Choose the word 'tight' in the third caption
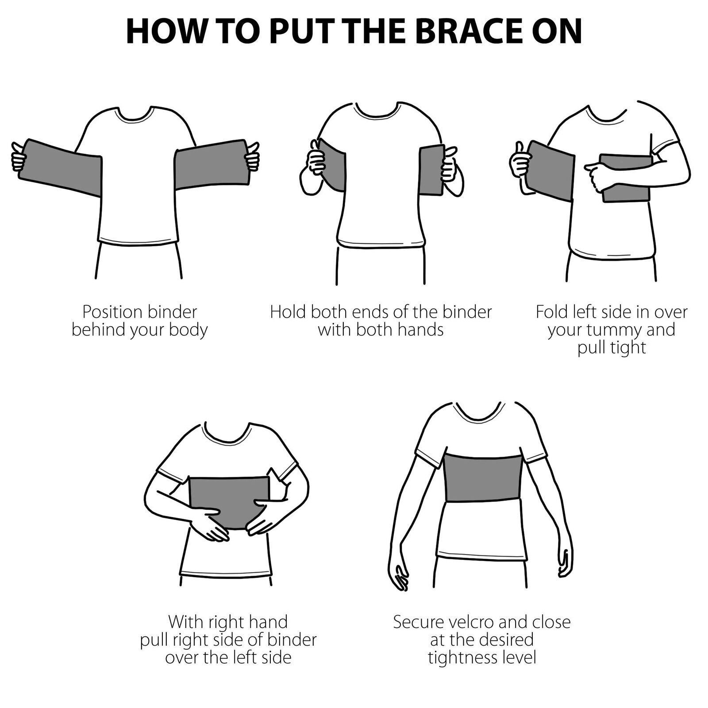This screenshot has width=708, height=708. point(627,348)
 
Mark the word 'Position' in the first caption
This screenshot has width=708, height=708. point(112,312)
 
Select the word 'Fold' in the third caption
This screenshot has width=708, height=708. point(551,312)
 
